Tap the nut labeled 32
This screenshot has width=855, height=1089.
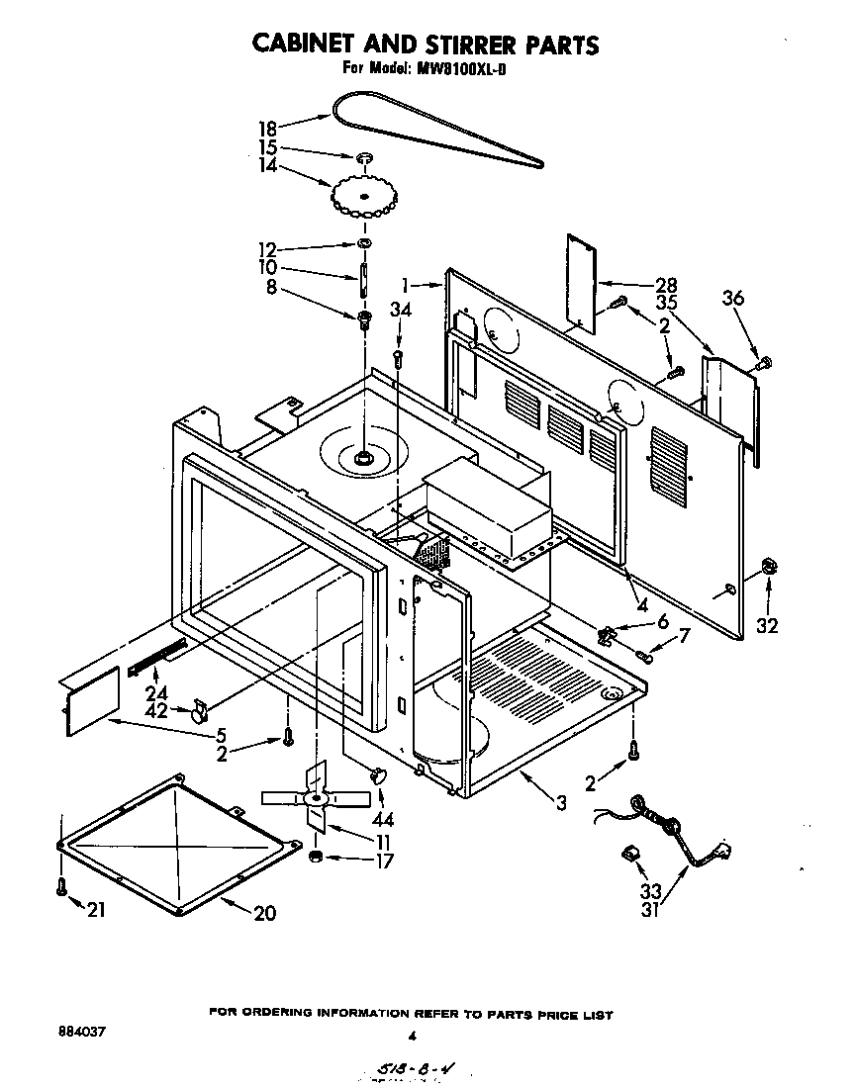pos(768,568)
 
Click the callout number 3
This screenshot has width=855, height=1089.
pos(561,803)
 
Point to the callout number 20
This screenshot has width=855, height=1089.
pos(265,914)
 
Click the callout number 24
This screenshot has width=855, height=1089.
pos(156,691)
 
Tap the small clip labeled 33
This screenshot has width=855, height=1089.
pos(628,853)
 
